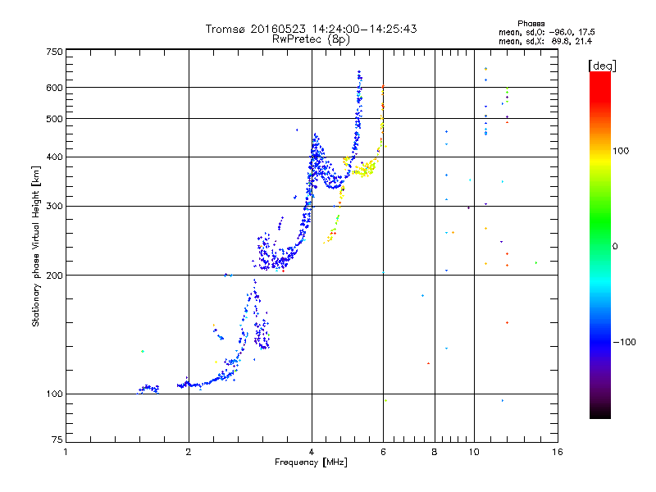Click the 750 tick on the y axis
54,51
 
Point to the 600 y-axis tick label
54,88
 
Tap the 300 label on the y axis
54,206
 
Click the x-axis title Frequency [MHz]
312,463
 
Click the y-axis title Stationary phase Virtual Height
36,246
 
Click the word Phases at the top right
531,23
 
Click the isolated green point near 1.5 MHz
142,351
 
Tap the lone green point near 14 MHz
536,263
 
